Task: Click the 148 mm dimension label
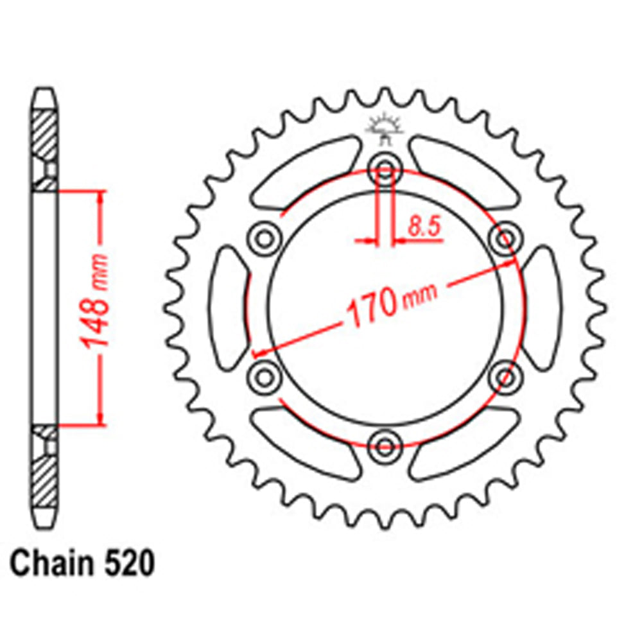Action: pos(96,308)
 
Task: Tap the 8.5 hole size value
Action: pos(424,227)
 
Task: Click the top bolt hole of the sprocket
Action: pos(384,169)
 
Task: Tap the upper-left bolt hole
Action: pos(264,238)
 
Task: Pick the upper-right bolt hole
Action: pos(504,238)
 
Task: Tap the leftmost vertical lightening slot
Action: pos(228,308)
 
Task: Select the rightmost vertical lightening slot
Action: pos(541,308)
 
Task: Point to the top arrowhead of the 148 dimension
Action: pos(100,196)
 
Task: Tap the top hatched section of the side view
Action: pos(45,135)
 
